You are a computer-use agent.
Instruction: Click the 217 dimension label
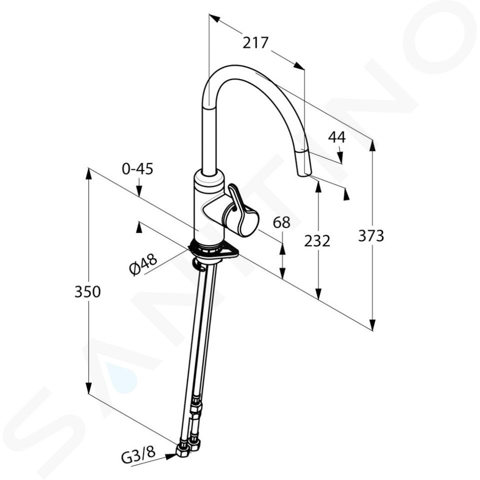click(x=255, y=43)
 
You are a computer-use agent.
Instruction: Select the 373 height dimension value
click(x=370, y=236)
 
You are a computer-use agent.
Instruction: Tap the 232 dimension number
click(x=317, y=241)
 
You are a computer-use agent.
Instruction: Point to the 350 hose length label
click(x=87, y=291)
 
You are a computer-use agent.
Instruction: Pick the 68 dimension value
click(x=281, y=222)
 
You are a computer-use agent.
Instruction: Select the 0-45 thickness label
click(x=137, y=168)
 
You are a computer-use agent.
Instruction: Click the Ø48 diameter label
click(x=143, y=264)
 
